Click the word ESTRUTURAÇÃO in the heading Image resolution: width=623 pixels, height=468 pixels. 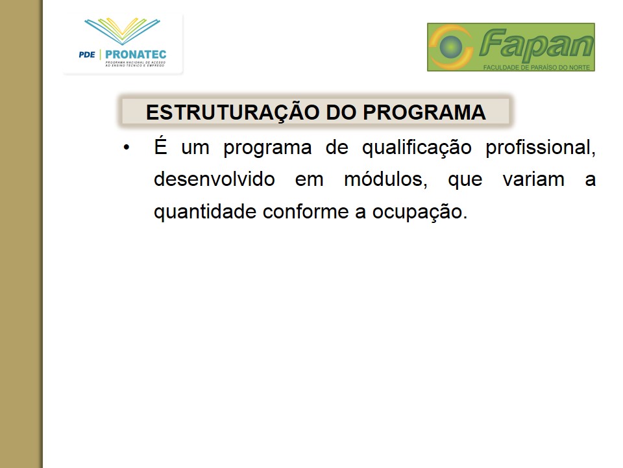coord(232,112)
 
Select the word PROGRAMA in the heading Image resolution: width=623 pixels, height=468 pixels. coord(424,112)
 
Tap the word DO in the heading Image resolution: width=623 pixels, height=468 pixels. coord(341,112)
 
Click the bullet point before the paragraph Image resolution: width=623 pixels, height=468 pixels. coord(127,148)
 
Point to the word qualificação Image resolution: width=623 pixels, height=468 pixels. coord(417,148)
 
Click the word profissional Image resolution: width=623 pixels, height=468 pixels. coord(541,148)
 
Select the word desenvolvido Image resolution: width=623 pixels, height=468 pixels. coord(214,179)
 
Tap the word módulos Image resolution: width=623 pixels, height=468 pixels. coord(385,179)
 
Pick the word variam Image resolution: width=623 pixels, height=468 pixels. coord(533,179)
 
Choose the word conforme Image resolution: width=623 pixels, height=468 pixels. coord(306,211)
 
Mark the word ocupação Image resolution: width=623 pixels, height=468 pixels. coord(419,212)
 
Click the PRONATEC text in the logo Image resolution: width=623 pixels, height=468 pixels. coord(136,55)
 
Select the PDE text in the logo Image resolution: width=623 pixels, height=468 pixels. coord(87,55)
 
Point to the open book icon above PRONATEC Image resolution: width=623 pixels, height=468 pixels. coord(123,31)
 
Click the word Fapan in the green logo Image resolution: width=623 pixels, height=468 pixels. coord(536,44)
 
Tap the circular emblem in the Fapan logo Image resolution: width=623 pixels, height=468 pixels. coord(451,47)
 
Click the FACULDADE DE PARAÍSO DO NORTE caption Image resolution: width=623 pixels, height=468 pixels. coord(537,68)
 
